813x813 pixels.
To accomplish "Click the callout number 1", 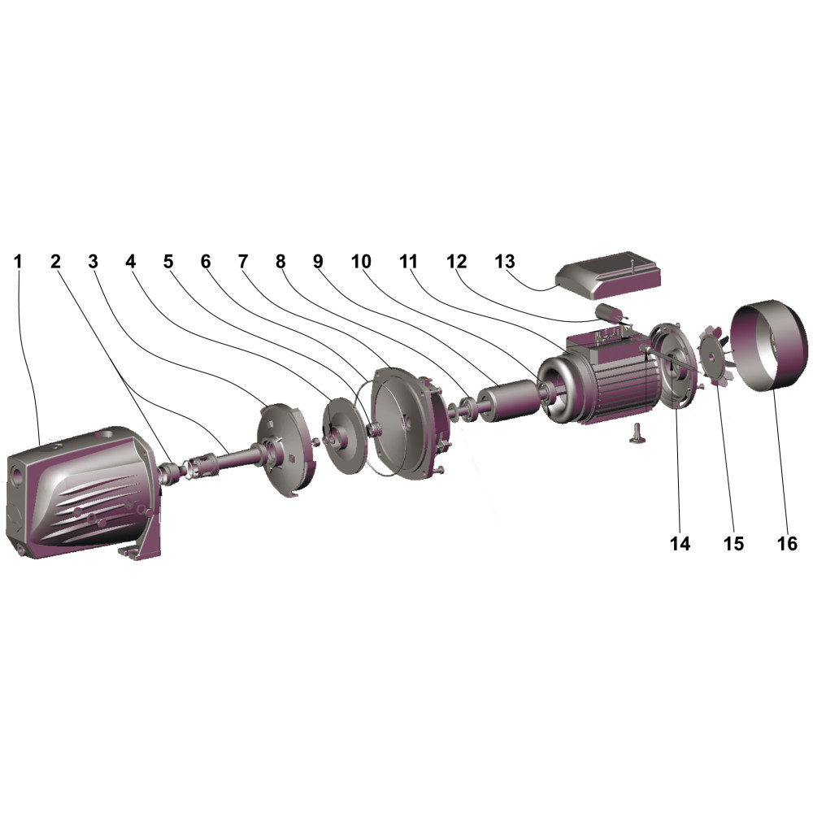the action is coord(18,261).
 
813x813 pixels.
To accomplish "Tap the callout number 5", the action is coord(168,261).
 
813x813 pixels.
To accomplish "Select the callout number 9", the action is coord(318,261).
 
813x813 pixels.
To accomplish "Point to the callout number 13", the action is coord(505,261).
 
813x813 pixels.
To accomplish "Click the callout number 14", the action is coord(680,543).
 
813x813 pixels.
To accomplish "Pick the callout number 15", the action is coord(733,543).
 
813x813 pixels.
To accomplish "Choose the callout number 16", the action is coord(786,543).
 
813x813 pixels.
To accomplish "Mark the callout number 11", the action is coord(408,261).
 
